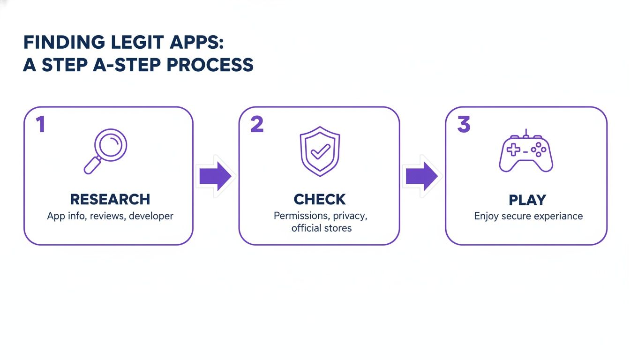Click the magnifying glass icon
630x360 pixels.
tap(106, 150)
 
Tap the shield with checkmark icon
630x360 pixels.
tap(320, 150)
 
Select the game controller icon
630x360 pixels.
tap(526, 151)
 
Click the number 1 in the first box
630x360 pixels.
tap(40, 124)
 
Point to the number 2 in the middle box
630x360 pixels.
tap(257, 124)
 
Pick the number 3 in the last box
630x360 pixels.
tap(463, 124)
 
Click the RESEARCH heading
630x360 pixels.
tap(110, 199)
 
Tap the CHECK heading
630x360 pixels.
tap(320, 199)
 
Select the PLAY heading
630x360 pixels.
tap(527, 200)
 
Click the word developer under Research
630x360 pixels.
tap(151, 216)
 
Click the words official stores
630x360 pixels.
tap(321, 228)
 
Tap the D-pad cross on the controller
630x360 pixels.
tap(514, 150)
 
